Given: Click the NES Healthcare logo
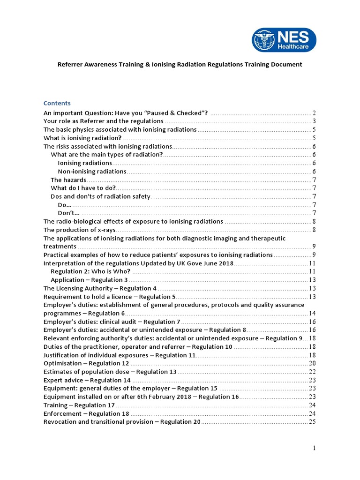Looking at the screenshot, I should [284, 40].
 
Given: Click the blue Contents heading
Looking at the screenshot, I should [57, 103].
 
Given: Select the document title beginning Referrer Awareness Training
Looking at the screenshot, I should [180, 64].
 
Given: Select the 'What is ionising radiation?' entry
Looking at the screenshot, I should [82, 138].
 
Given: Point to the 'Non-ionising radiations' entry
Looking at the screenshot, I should [92, 172].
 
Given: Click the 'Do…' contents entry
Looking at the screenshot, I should [65, 205].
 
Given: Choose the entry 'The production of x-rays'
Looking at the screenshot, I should [79, 230].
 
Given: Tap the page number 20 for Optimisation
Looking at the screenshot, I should [312, 363].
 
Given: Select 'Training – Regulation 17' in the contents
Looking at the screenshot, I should [79, 405].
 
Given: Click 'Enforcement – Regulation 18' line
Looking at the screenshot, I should [86, 413].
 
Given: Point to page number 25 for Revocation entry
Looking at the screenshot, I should [312, 422].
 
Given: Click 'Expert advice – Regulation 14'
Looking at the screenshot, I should [87, 380].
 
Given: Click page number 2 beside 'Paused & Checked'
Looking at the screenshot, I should [314, 113].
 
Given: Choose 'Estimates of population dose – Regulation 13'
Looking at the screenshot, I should [110, 372].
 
